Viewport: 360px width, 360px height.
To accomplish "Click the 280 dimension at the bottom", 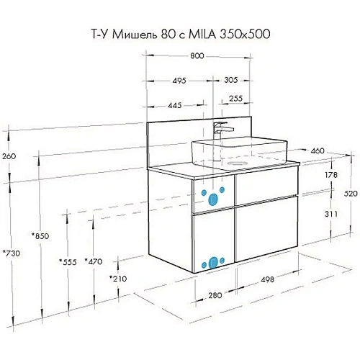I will click(212, 294).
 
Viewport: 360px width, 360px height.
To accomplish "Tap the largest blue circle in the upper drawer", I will click(213, 197).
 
